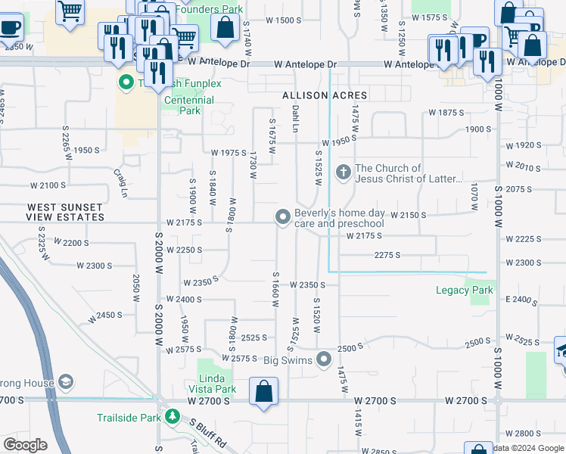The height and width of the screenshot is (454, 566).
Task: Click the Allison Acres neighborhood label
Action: (324, 95)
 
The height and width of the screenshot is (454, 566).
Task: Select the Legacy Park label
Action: (465, 290)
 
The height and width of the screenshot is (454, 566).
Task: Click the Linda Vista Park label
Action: (217, 384)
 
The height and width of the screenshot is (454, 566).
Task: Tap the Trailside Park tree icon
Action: (173, 417)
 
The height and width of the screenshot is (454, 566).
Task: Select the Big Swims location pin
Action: (325, 359)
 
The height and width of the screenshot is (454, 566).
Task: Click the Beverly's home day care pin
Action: (283, 218)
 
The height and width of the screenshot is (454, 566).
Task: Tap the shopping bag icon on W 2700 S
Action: (263, 393)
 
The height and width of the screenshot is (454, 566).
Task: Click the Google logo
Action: (26, 445)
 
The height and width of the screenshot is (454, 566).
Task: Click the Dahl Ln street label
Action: (295, 120)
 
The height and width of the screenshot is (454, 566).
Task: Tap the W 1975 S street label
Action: (228, 153)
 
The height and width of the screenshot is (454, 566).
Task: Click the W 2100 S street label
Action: (49, 185)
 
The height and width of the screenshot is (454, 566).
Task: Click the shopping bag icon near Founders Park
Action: (225, 28)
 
